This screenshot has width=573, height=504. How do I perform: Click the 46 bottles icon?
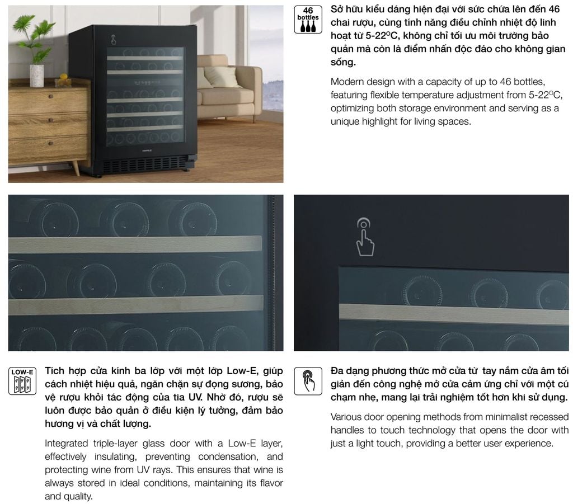(x=308, y=20)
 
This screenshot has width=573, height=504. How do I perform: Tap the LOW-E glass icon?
(x=22, y=381)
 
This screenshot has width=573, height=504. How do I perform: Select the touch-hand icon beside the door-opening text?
(x=308, y=381)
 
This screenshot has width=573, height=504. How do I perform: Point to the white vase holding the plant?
(x=36, y=76)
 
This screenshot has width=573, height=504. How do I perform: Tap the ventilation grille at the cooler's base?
(x=144, y=164)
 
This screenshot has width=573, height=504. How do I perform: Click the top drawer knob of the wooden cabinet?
(x=51, y=96)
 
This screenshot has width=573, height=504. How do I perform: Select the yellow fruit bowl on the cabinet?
(x=63, y=81)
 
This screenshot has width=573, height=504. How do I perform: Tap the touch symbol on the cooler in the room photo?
(x=114, y=40)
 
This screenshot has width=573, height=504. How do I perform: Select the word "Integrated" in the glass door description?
(x=66, y=444)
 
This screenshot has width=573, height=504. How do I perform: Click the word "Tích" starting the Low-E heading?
(x=54, y=371)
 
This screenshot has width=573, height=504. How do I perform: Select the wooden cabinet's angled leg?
(x=76, y=168)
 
